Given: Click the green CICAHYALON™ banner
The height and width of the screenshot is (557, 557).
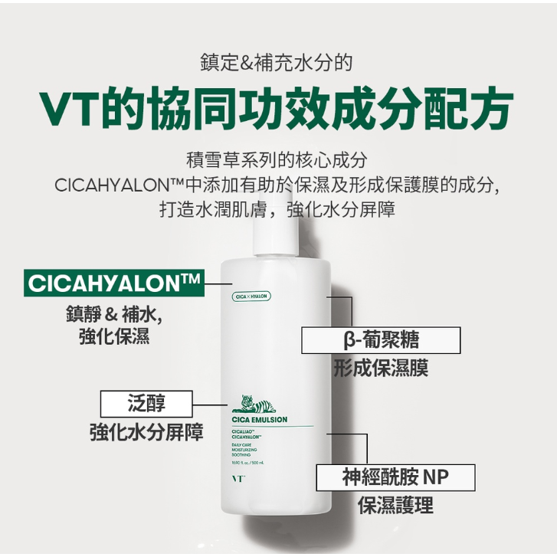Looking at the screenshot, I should coord(113,283).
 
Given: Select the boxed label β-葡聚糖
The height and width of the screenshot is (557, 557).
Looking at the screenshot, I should coord(381,340).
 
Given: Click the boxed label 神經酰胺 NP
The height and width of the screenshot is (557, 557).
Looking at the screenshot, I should coord(395,477).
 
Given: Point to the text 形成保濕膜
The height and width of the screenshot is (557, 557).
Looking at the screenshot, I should coord(381,369).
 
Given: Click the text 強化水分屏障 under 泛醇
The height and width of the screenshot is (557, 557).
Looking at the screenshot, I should coord(146,431).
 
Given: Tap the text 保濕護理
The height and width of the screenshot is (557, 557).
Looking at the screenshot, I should coord(395,506).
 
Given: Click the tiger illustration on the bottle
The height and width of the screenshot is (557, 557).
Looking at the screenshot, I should coord(249,404).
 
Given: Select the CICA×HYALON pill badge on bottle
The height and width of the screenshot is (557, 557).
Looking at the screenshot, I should coord(251,296).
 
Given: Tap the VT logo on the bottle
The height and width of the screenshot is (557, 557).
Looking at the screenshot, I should coord(236,481).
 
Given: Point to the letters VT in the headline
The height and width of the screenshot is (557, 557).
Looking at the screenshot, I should coord(70,110).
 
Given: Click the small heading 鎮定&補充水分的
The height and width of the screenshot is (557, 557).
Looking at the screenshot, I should coord(277,63).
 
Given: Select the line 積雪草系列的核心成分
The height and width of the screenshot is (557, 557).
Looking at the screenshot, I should coord(277,161).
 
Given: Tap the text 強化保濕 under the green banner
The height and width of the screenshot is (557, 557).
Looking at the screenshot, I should coord(114,337).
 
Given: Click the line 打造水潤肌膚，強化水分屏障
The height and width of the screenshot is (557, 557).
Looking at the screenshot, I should coord(277,209).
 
